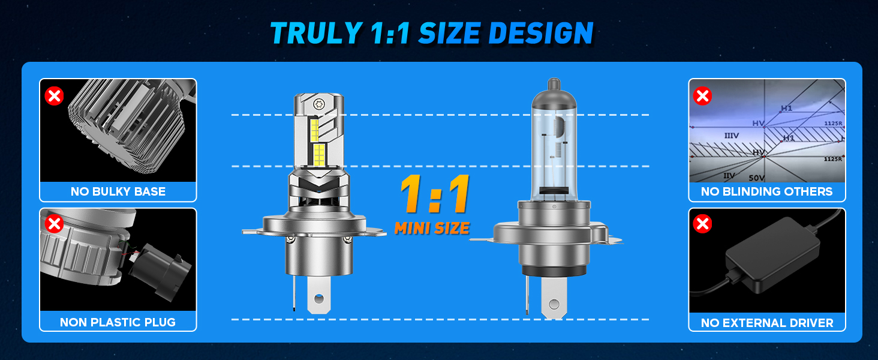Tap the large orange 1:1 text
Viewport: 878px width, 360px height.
434,196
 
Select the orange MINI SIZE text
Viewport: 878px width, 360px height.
432,228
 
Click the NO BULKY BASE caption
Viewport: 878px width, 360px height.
118,191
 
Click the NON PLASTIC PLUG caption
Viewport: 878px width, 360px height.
118,322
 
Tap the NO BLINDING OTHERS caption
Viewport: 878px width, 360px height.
766,191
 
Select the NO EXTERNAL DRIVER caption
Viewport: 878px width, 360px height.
766,323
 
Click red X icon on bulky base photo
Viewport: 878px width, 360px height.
55,95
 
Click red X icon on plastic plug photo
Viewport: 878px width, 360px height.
55,224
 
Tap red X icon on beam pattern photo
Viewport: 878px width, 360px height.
702,95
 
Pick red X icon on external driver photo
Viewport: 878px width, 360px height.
702,224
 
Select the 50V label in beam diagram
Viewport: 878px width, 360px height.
757,178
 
